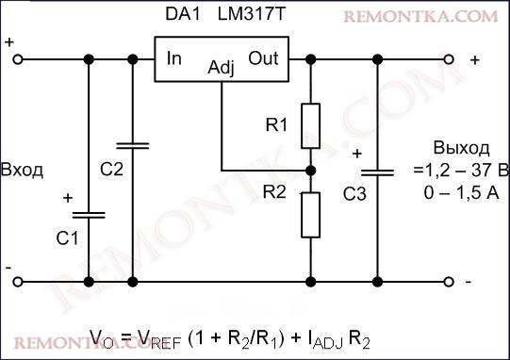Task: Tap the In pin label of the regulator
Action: point(174,58)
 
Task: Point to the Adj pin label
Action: point(221,68)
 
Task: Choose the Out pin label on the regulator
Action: point(263,58)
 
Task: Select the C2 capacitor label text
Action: point(111,170)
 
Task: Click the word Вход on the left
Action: point(23,170)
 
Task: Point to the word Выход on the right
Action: point(461,149)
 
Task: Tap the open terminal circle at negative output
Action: point(451,281)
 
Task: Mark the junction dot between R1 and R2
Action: point(311,170)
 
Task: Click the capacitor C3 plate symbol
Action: point(377,172)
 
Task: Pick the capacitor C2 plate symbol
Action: point(132,147)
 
